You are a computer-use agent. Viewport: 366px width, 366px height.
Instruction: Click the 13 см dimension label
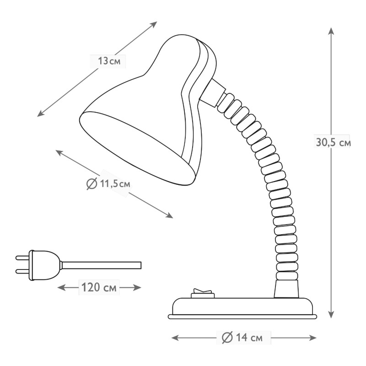(x=109, y=61)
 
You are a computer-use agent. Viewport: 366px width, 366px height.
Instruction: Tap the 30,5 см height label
(x=334, y=142)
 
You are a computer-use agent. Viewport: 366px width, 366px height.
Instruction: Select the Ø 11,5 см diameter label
(x=108, y=184)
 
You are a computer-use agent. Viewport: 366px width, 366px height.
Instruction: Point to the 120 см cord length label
(x=99, y=287)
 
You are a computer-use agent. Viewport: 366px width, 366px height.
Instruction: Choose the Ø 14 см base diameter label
(x=242, y=338)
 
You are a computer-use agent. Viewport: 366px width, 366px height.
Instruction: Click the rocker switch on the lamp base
(x=203, y=294)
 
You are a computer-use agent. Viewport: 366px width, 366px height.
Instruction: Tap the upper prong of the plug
(x=22, y=258)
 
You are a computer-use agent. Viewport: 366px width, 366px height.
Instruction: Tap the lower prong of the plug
(x=22, y=271)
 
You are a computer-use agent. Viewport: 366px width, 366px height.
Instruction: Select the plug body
(x=45, y=265)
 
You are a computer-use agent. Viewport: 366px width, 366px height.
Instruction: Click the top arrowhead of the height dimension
(x=331, y=31)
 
